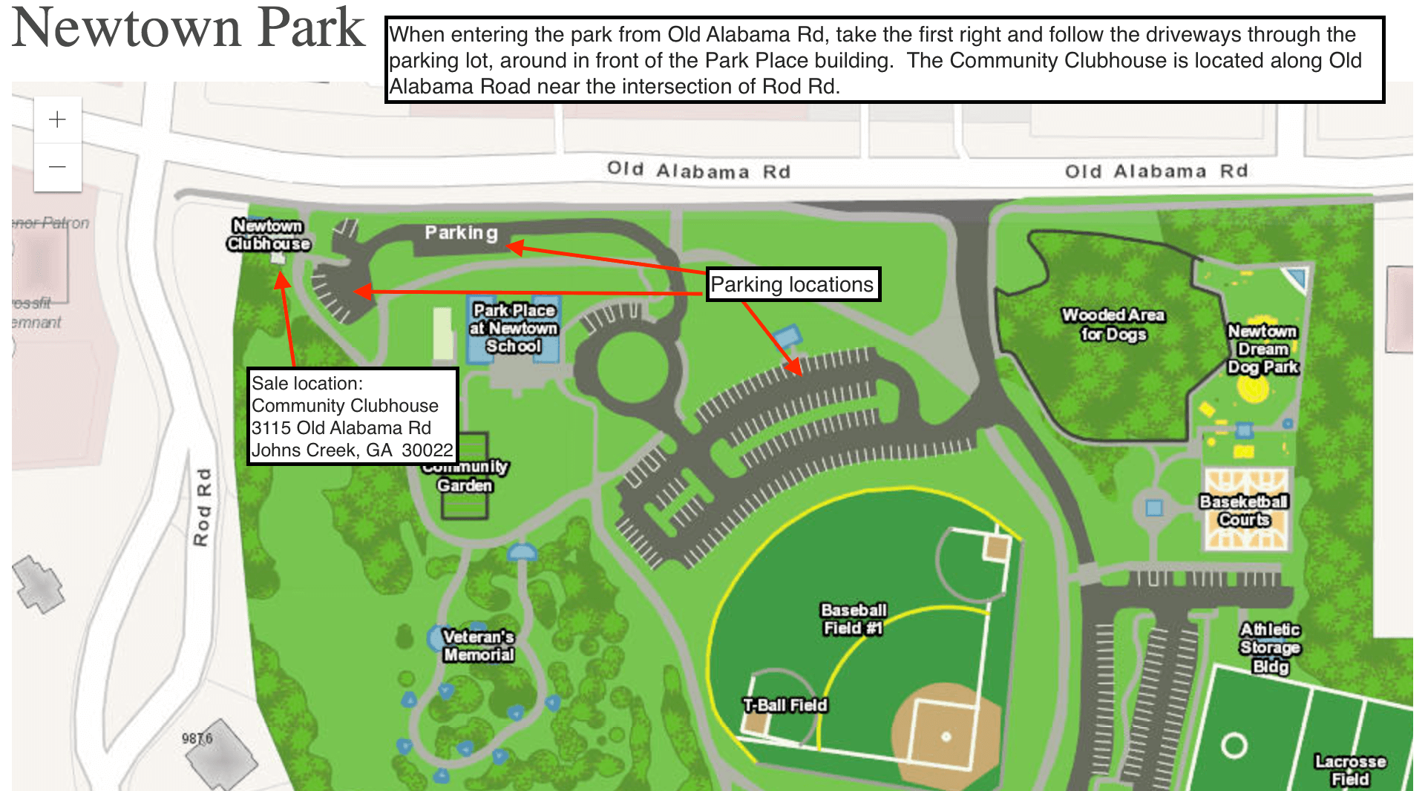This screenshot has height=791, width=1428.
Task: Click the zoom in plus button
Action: tap(57, 119)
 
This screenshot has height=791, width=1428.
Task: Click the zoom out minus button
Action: tap(57, 167)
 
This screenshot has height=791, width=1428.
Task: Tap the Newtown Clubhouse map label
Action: tap(268, 234)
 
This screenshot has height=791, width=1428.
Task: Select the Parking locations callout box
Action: tap(792, 284)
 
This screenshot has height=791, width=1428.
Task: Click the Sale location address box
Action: tap(352, 416)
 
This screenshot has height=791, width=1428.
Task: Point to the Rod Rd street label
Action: tap(202, 507)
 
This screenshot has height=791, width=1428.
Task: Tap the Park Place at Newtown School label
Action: tap(514, 328)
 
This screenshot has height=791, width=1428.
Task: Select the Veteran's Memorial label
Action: tap(478, 646)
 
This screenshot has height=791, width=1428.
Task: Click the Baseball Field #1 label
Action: tap(854, 619)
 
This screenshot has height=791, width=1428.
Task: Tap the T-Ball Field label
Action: tap(785, 705)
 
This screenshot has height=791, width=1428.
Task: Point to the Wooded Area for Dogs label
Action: tap(1113, 324)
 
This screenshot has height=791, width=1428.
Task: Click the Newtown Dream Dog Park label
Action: tap(1262, 349)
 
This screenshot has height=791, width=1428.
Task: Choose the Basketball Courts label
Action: tap(1244, 511)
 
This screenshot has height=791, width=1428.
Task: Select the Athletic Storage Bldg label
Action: tap(1270, 648)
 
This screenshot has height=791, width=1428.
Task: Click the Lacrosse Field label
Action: tap(1350, 770)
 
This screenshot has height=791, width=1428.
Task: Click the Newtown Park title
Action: tap(189, 28)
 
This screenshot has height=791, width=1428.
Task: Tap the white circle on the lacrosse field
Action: tap(1234, 745)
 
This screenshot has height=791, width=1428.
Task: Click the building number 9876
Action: tap(197, 738)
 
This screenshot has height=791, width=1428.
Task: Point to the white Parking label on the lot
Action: tap(461, 233)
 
